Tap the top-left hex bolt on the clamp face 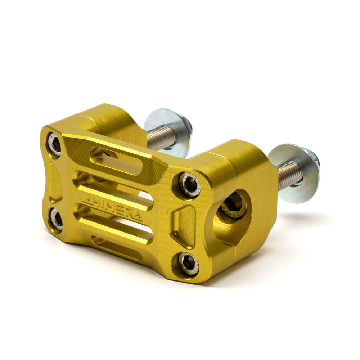click(55, 144)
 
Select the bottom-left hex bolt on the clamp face click(57, 219)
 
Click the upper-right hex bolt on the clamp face click(189, 185)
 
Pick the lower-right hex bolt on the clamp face click(189, 264)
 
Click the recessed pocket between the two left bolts click(55, 182)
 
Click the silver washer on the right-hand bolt click(293, 173)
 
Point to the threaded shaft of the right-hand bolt click(290, 175)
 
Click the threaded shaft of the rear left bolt click(160, 138)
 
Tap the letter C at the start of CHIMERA click(86, 200)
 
